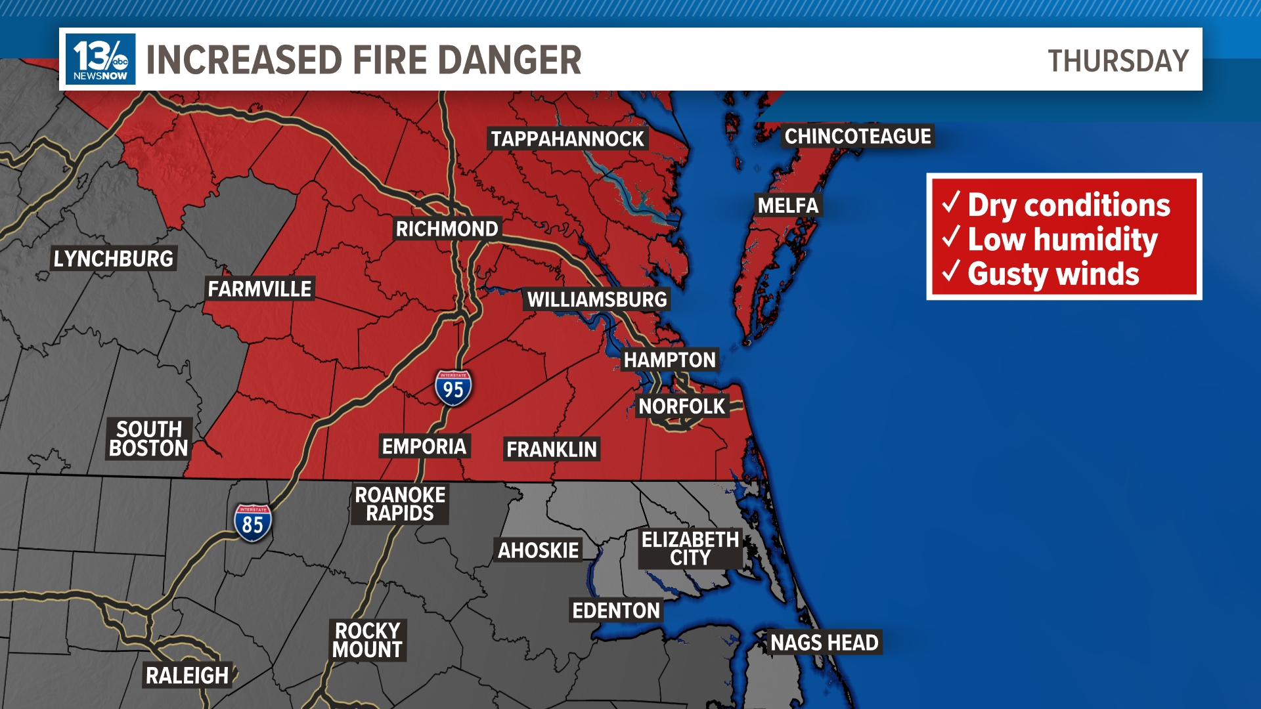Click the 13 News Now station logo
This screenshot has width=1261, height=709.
tap(100, 59)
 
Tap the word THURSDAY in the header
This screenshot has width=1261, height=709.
tap(1118, 61)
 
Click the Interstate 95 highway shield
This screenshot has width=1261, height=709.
tap(453, 387)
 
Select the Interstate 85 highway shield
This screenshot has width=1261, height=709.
tap(253, 523)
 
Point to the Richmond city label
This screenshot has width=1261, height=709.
tap(447, 228)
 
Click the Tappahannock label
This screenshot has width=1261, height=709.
tap(567, 139)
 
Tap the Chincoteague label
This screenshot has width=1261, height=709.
tap(858, 136)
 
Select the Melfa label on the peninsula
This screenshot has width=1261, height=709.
tap(788, 205)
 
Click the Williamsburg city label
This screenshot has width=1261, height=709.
tap(597, 299)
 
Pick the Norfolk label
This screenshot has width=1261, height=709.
tap(682, 406)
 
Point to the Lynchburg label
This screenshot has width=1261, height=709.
tap(114, 259)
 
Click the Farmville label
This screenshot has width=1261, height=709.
tap(259, 288)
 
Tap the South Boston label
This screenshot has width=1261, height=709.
tap(149, 439)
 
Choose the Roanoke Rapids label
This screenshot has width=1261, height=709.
tap(400, 504)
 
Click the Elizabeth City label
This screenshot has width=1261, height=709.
tap(690, 548)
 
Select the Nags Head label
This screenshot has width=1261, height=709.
tap(824, 642)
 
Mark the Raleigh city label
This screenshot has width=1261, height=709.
tap(187, 675)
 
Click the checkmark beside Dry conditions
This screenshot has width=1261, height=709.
tap(951, 202)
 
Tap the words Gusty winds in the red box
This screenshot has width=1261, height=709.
tap(1053, 274)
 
